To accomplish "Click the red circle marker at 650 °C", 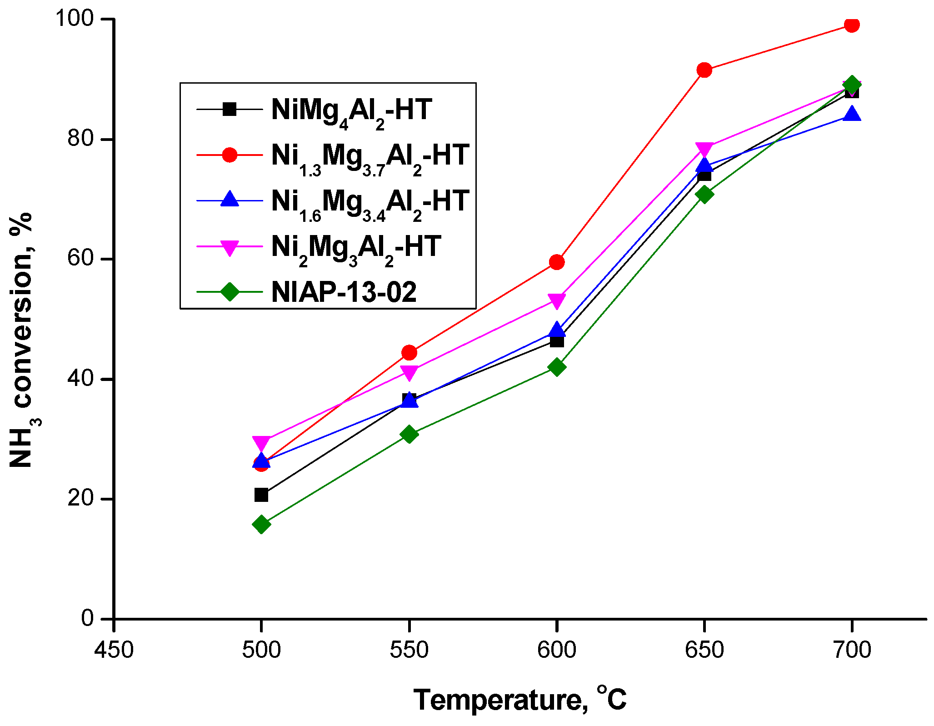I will click(704, 70).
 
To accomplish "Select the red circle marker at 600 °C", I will click(557, 262).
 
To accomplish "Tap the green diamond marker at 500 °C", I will click(261, 524).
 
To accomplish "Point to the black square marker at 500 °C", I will click(261, 495).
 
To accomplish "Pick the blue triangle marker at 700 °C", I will click(852, 114).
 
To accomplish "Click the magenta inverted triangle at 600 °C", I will click(557, 300).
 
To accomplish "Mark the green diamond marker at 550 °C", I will click(409, 434).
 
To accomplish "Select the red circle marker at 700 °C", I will click(852, 25).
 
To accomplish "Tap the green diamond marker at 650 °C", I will click(704, 194).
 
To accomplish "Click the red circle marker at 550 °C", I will click(409, 352).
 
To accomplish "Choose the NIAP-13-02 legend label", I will click(344, 292).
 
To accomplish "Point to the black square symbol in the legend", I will click(230, 109).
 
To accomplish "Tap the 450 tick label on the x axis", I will click(114, 650).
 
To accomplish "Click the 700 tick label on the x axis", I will click(852, 650).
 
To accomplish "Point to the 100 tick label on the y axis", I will click(74, 19).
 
